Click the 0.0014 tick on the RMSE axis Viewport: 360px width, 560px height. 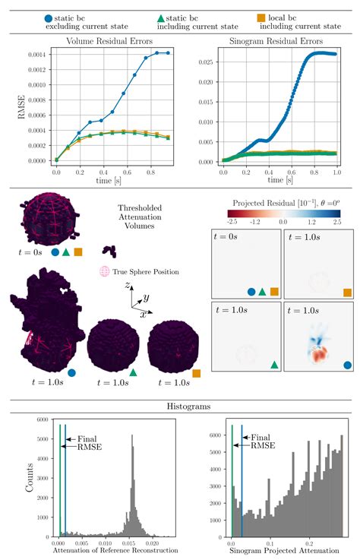[x=36, y=54]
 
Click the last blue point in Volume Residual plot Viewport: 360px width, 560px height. [x=168, y=52]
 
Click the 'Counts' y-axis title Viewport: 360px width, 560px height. [x=28, y=477]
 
